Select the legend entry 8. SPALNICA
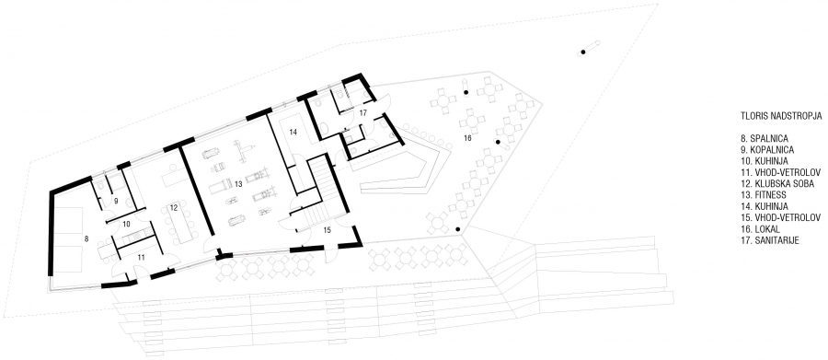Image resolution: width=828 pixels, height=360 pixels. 765,139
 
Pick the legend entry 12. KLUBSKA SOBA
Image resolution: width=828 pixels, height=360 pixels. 776,184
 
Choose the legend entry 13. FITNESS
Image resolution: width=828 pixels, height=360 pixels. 765,195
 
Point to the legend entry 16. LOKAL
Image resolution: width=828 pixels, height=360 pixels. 762,229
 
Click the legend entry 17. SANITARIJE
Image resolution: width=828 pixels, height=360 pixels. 770,240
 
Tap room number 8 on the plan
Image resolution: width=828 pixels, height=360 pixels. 86,239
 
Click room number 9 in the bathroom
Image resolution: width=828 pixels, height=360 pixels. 117,202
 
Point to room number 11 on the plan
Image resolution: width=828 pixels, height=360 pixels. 141,258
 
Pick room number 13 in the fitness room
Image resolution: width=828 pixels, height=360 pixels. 238,184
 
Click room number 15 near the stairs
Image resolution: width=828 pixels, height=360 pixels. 327,229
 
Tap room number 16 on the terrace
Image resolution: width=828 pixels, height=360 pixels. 466,138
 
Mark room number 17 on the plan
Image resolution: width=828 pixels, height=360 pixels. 363,112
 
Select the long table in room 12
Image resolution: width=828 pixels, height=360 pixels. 181,222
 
